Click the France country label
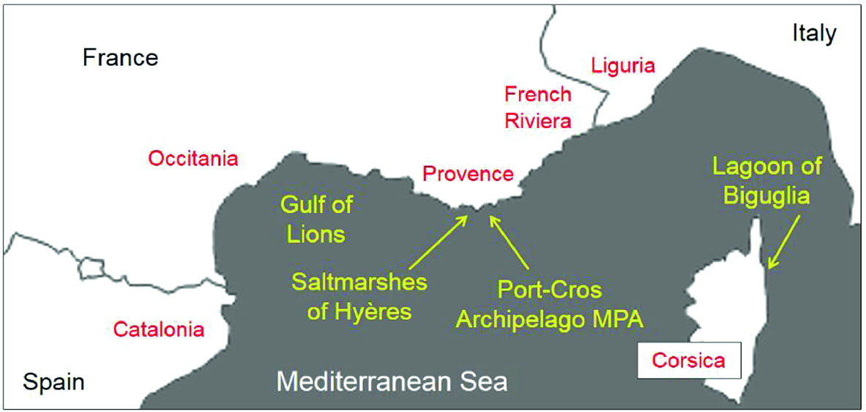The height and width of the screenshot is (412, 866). (x=120, y=57)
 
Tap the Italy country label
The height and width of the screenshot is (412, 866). (x=814, y=33)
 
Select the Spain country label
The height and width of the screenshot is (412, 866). (x=53, y=381)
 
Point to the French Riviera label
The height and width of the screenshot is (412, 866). (x=538, y=107)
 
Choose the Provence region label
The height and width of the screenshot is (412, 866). (x=468, y=174)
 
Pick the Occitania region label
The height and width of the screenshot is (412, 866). (x=193, y=158)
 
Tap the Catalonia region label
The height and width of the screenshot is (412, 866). (x=159, y=329)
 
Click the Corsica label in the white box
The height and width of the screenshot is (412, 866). (x=689, y=360)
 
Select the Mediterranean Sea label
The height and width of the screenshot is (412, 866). (x=392, y=381)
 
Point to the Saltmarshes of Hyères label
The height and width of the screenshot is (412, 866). (x=359, y=296)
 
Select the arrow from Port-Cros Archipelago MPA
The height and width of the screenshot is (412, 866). (x=510, y=241)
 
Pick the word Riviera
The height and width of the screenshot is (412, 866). (x=538, y=119)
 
